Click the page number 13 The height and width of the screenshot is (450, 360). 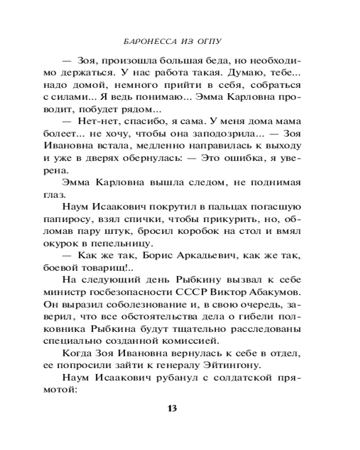click(x=172, y=409)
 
